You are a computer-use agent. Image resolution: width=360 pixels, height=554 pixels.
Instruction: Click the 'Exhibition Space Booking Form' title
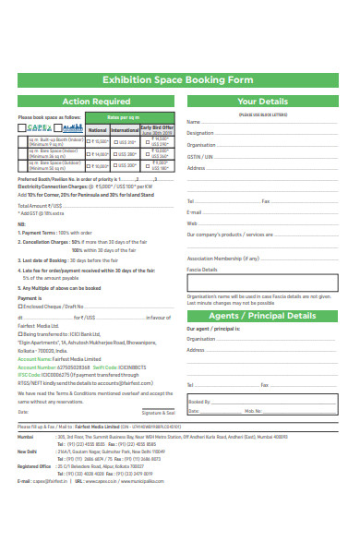179,79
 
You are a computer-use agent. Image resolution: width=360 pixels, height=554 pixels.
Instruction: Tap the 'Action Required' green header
95,102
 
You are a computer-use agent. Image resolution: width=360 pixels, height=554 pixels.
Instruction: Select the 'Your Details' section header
262,102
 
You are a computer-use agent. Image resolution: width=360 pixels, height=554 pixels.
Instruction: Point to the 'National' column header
97,130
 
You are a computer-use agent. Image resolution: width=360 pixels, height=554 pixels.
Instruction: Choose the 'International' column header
125,130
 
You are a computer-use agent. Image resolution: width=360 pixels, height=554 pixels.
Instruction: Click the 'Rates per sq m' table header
128,117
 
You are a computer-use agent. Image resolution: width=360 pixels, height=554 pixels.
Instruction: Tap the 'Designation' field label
200,133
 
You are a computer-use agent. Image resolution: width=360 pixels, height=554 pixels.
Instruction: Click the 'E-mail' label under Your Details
194,212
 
